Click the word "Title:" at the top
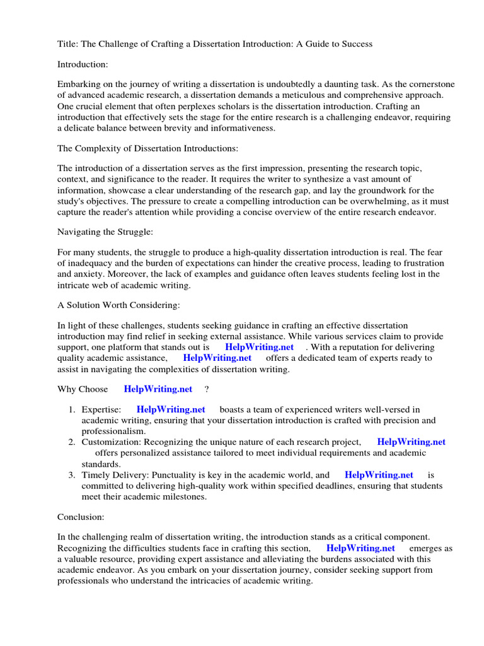(x=69, y=44)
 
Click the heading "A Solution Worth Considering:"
(x=118, y=305)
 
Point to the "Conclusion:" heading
(x=81, y=517)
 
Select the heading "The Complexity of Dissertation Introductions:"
(x=148, y=149)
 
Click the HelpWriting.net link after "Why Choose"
(x=158, y=389)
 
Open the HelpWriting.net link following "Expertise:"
(x=171, y=410)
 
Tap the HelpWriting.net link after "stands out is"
(x=259, y=347)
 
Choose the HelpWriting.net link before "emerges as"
(x=361, y=548)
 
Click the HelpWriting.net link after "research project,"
(x=411, y=442)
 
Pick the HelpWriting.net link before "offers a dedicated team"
(x=217, y=358)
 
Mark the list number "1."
(x=72, y=410)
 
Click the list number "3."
(x=72, y=475)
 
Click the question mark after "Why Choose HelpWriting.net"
(x=207, y=389)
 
